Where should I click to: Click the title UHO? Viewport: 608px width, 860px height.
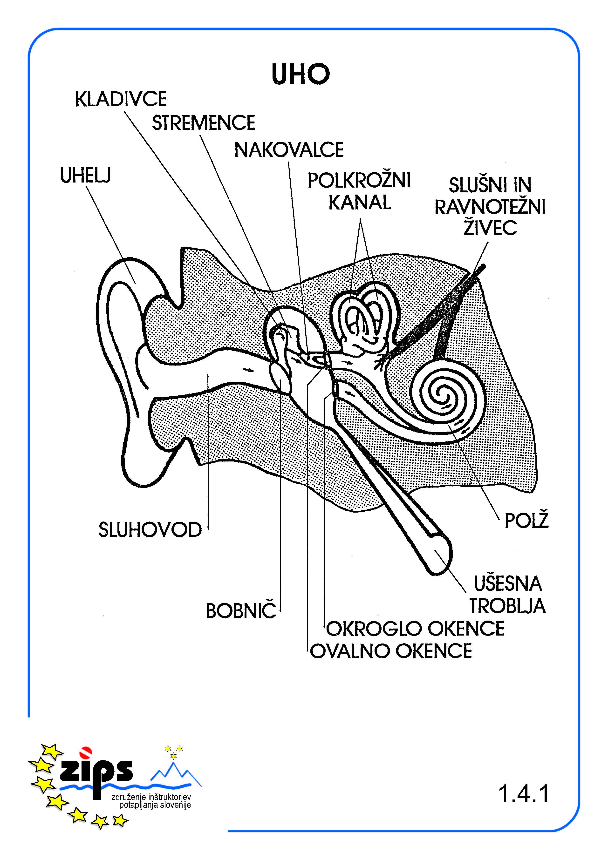coord(301,74)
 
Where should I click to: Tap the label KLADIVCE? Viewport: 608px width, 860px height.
coord(121,100)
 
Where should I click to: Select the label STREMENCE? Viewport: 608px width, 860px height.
coord(203,123)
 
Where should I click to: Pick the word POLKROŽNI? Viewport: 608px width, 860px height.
coord(359,181)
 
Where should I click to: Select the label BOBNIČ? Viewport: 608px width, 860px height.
coord(241,611)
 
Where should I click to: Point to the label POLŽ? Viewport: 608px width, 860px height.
coord(526,521)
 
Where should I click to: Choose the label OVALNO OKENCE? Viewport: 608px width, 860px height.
coord(391,651)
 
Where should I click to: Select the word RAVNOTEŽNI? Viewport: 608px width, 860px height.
coord(490,207)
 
